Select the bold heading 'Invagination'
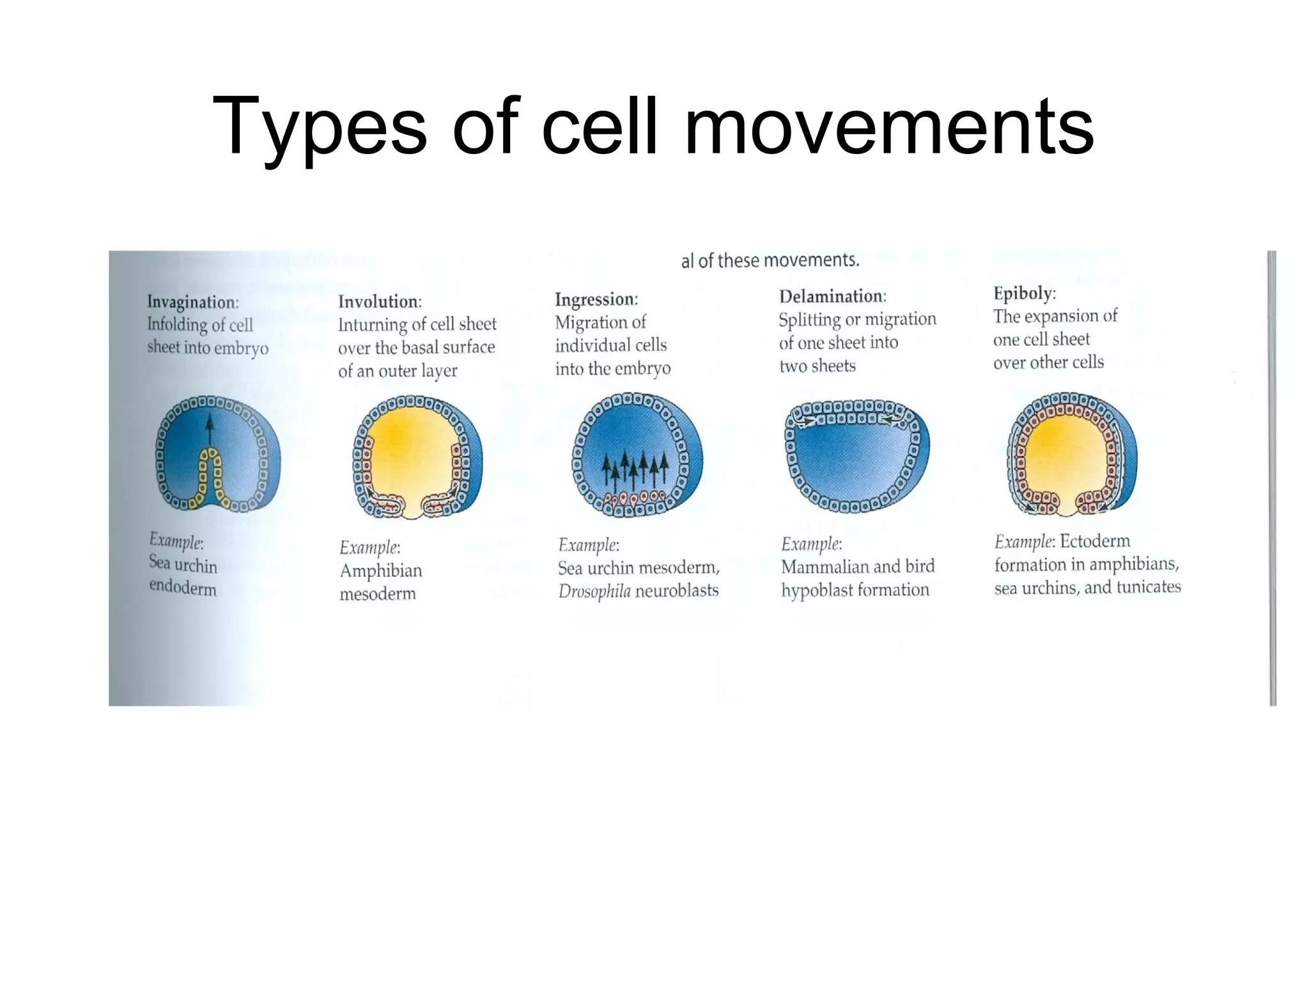tap(192, 302)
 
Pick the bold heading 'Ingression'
tap(595, 299)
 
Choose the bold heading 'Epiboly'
tap(1023, 293)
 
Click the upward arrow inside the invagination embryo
tap(209, 428)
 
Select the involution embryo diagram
tap(417, 457)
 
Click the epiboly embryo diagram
tap(1071, 454)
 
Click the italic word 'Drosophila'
tap(594, 591)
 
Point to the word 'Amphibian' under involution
tap(381, 570)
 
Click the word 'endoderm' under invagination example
tap(183, 587)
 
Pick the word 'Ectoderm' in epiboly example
tap(1095, 542)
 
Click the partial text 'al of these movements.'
tap(770, 261)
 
